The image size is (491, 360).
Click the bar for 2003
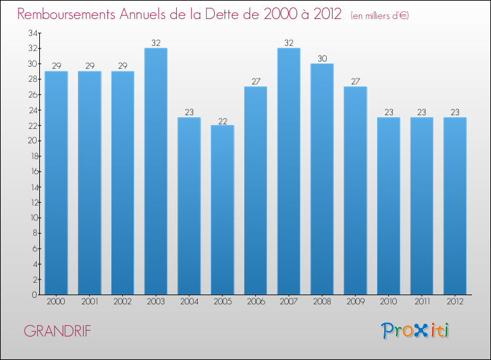(156, 171)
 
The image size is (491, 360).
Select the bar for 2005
(223, 209)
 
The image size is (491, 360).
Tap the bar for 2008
(322, 179)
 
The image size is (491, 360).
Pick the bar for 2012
(455, 206)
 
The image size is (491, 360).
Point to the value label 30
(322, 58)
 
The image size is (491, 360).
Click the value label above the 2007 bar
(289, 43)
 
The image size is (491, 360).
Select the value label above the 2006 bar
(255, 82)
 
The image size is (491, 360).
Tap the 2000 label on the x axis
(56, 302)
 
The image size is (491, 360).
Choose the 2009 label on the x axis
(355, 302)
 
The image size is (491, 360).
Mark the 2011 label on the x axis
(422, 302)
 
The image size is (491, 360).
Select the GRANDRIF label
(58, 331)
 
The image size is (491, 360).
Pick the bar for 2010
(389, 206)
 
